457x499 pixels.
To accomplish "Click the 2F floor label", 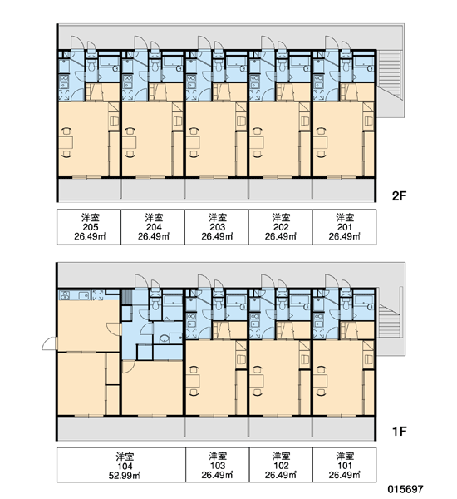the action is pyautogui.click(x=400, y=196).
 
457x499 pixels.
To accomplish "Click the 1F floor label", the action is pyautogui.click(x=400, y=432).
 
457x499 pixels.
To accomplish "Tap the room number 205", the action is pyautogui.click(x=91, y=227).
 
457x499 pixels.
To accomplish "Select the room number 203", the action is pyautogui.click(x=218, y=227).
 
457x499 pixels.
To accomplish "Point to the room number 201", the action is pyautogui.click(x=345, y=227).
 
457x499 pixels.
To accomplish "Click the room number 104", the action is pyautogui.click(x=125, y=467).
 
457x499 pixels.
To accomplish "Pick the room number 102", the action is pyautogui.click(x=281, y=466).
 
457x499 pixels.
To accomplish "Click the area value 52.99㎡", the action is pyautogui.click(x=125, y=476).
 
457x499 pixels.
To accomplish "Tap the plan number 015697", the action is pyautogui.click(x=405, y=489).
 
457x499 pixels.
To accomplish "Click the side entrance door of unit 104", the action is pyautogui.click(x=49, y=343).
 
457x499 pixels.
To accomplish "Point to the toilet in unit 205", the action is pyautogui.click(x=91, y=65).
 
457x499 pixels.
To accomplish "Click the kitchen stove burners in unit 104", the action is pyautogui.click(x=64, y=295).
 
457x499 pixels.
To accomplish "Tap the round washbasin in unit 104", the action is pyautogui.click(x=164, y=338).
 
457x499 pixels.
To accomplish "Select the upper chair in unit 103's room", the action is pyautogui.click(x=193, y=370).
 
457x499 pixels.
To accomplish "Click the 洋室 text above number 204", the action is pyautogui.click(x=154, y=218).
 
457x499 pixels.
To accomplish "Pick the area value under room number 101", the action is pyautogui.click(x=345, y=475).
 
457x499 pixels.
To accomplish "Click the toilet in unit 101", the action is pyautogui.click(x=346, y=304).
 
